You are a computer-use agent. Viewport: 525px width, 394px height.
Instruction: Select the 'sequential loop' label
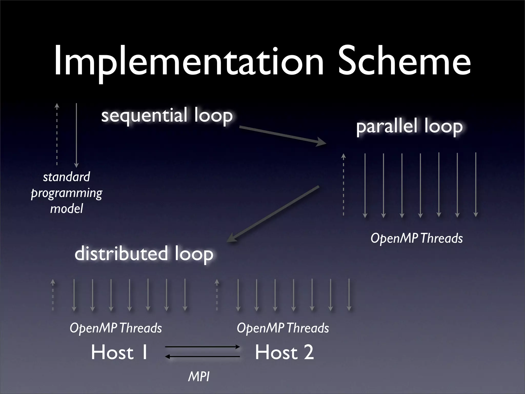coord(167,115)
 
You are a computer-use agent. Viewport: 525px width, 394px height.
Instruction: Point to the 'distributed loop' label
coord(144,253)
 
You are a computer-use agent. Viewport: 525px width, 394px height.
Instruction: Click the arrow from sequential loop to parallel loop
coord(282,135)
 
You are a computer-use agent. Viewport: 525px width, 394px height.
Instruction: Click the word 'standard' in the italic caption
coord(66,177)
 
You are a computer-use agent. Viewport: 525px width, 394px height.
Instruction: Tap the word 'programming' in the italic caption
coord(66,193)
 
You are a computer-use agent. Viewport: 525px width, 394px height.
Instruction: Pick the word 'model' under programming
coord(66,208)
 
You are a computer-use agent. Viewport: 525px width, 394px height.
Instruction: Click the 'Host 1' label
coord(119,352)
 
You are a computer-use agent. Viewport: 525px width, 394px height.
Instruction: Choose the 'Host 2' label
coord(284,352)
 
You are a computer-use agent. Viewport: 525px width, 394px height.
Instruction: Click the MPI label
coord(199,377)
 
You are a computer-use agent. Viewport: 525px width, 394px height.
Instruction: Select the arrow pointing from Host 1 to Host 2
coord(203,347)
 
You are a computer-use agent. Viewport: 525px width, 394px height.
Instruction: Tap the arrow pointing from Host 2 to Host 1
coord(203,357)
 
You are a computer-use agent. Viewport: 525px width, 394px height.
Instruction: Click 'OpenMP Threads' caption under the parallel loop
coord(417,238)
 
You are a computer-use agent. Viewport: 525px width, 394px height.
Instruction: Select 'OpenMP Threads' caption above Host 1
coord(116,328)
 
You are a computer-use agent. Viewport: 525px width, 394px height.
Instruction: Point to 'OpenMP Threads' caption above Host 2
coord(283,328)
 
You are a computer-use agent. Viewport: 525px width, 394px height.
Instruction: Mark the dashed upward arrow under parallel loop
coord(344,184)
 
